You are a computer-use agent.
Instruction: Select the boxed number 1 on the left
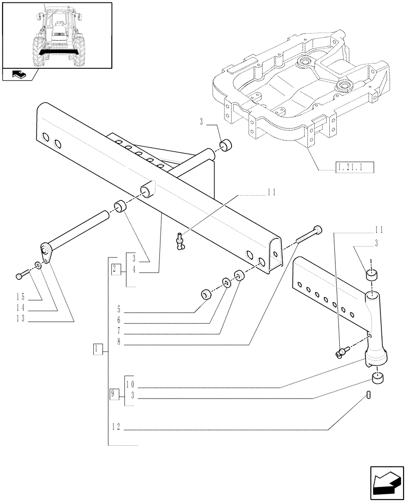(x=98, y=349)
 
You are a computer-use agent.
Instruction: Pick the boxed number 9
(x=114, y=394)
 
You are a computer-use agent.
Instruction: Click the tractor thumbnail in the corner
(x=57, y=35)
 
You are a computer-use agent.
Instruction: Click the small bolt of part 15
(x=22, y=275)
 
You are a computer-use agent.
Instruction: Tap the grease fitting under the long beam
(x=180, y=240)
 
